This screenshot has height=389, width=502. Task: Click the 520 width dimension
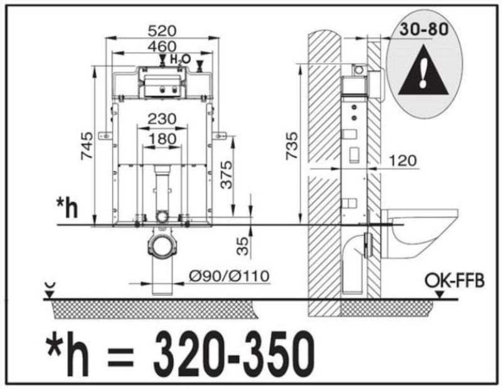[162, 31]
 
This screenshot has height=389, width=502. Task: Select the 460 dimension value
[162, 46]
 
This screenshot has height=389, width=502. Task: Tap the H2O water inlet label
[180, 60]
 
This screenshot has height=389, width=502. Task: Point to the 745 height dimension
[87, 145]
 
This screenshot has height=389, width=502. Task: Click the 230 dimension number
[162, 119]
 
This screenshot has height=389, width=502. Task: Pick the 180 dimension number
[162, 139]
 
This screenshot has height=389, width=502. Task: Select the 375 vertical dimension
[227, 175]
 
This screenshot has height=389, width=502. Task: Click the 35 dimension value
[243, 246]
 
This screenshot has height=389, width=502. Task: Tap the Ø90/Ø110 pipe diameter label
[229, 276]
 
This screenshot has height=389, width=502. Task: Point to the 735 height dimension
[292, 145]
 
